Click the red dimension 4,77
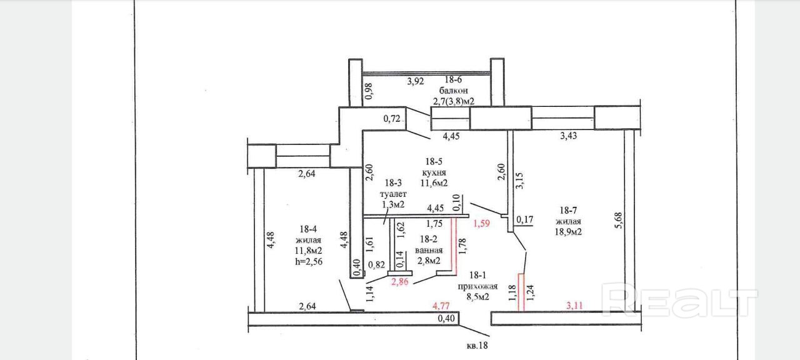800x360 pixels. tap(443, 306)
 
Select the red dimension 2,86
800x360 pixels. tap(401, 282)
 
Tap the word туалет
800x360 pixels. tap(393, 194)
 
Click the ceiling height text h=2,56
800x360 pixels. tap(308, 262)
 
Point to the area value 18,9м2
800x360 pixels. tap(568, 232)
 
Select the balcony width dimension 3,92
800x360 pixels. tap(416, 81)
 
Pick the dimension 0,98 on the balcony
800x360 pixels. tap(369, 91)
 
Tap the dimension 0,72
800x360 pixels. tap(392, 118)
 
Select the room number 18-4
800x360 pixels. tap(308, 229)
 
